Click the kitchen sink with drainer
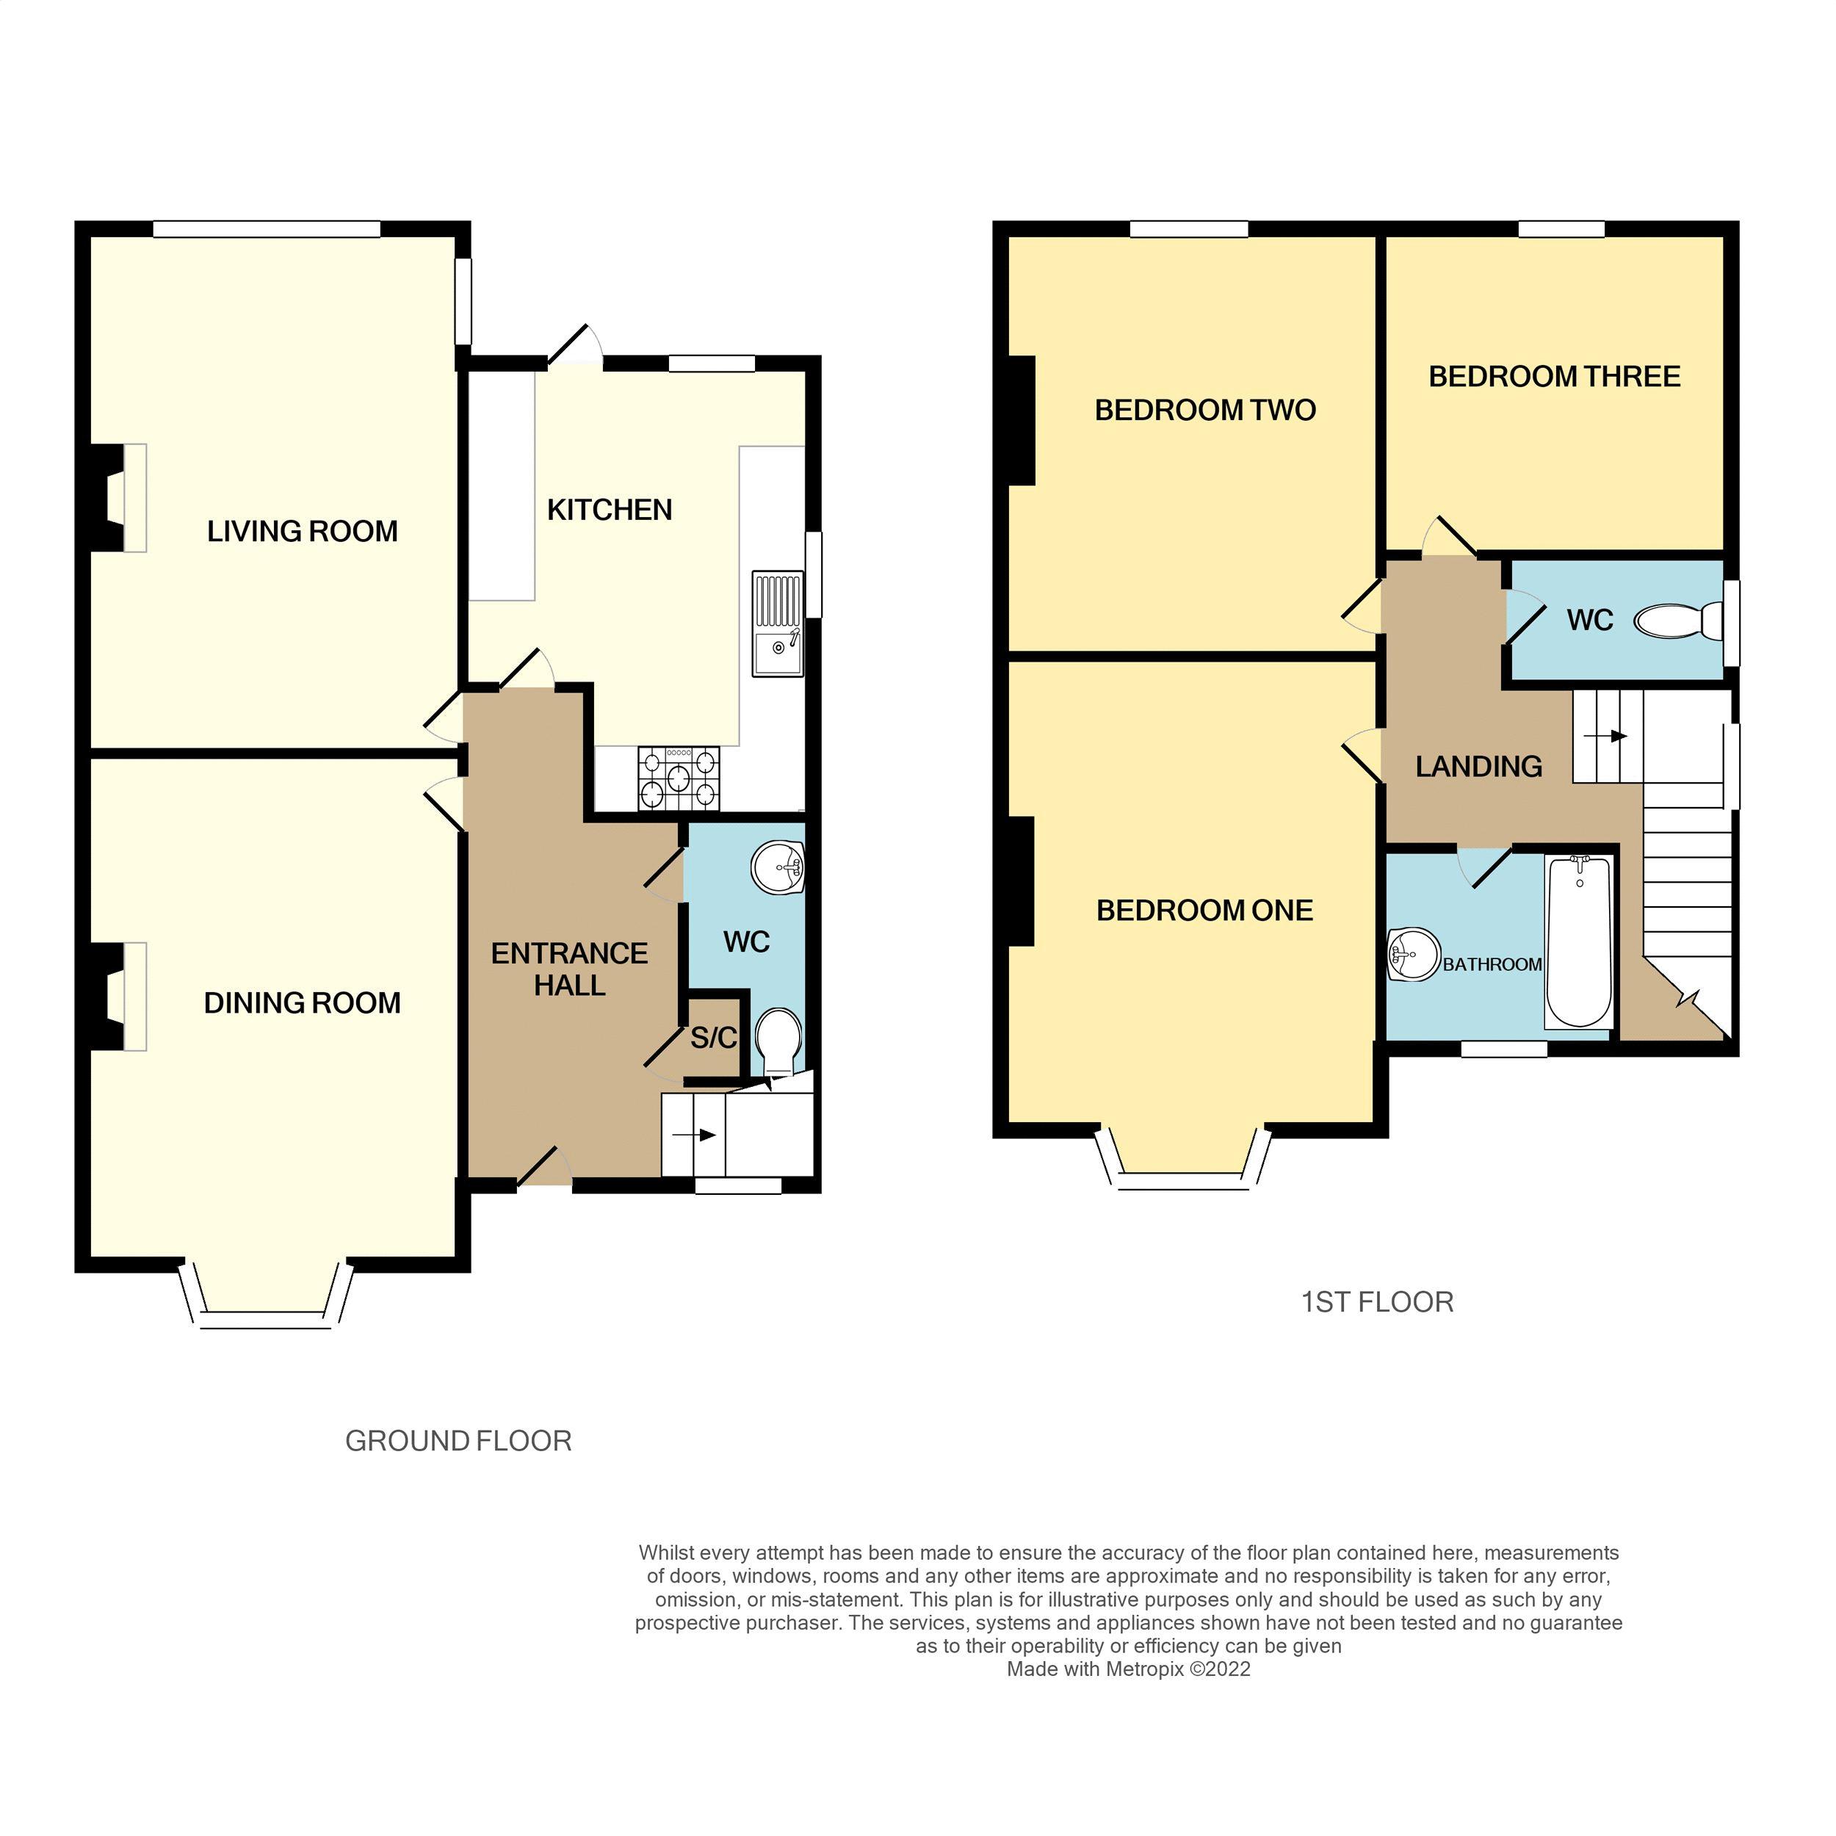coord(777,624)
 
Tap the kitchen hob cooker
coord(679,778)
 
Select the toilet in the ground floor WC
coord(778,1041)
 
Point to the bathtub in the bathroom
coord(1578,942)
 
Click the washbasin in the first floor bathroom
coord(1414,954)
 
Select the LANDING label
coord(1478,767)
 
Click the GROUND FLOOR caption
coord(458,1442)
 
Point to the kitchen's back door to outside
coord(576,347)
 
